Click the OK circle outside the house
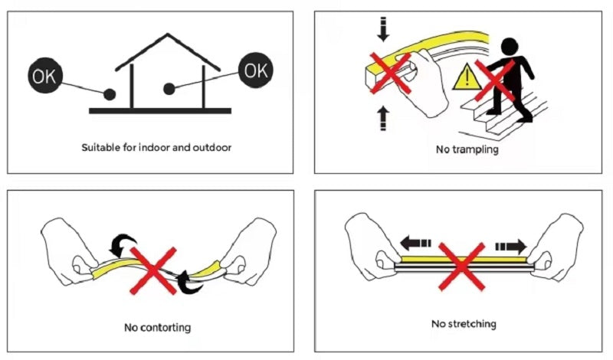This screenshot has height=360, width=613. pyautogui.click(x=45, y=75)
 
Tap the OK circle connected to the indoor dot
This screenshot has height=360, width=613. pyautogui.click(x=256, y=70)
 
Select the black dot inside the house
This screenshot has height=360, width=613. pyautogui.click(x=169, y=89)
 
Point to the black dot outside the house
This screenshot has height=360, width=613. pyautogui.click(x=110, y=94)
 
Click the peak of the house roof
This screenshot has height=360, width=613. pyautogui.click(x=168, y=34)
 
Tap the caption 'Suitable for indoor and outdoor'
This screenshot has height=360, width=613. pyautogui.click(x=156, y=148)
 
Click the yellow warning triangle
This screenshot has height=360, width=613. pyautogui.click(x=467, y=77)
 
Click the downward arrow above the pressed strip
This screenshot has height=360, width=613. pyautogui.click(x=383, y=29)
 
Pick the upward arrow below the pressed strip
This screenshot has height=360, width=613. pyautogui.click(x=384, y=118)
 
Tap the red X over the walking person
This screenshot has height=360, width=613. pyautogui.click(x=495, y=80)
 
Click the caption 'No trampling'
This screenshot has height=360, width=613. pyautogui.click(x=467, y=149)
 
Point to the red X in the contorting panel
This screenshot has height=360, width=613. pyautogui.click(x=152, y=270)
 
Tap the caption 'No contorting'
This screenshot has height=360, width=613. pyautogui.click(x=158, y=327)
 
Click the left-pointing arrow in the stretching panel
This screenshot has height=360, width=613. pyautogui.click(x=415, y=243)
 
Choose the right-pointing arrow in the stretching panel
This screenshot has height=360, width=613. pyautogui.click(x=511, y=247)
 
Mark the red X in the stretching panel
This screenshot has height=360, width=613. pyautogui.click(x=462, y=267)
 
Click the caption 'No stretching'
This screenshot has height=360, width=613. pyautogui.click(x=464, y=324)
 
